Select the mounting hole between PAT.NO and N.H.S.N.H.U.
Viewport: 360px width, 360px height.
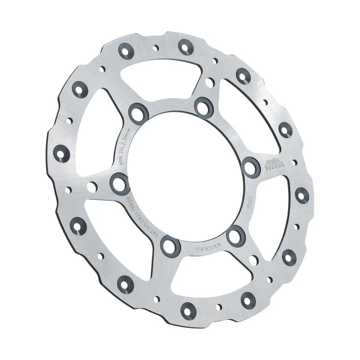[x=170, y=246]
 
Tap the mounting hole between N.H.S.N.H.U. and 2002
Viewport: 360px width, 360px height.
[x=235, y=235]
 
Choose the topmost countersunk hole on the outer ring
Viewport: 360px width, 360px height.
[x=185, y=45]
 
